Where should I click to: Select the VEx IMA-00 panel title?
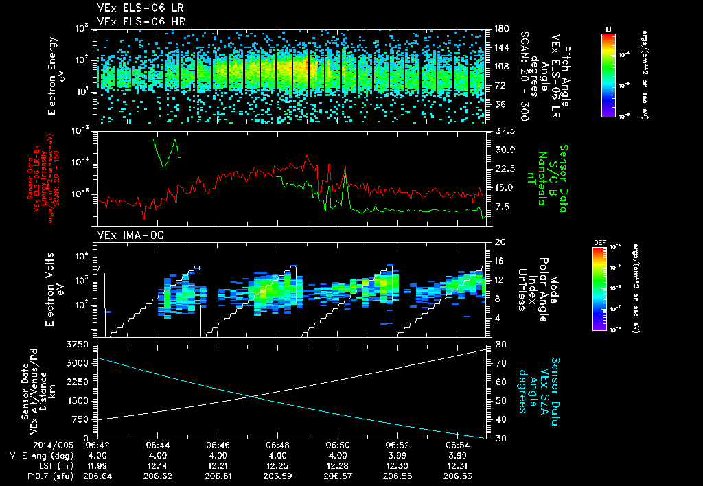[x=124, y=235]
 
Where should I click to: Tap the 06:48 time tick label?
[x=277, y=445]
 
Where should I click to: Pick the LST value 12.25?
[x=277, y=465]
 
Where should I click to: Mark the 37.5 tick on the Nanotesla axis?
[x=502, y=130]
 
